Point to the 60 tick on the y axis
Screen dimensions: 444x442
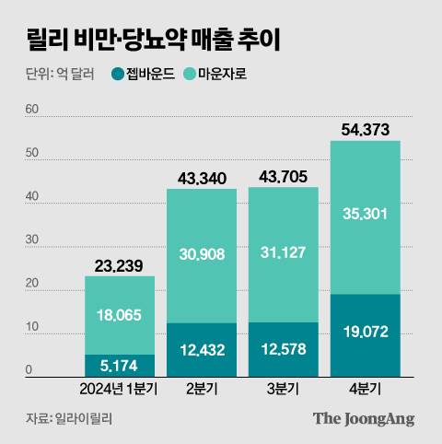point(32,110)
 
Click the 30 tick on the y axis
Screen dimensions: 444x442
point(32,240)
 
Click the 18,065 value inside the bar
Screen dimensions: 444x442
point(121,315)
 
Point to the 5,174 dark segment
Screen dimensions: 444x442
point(121,366)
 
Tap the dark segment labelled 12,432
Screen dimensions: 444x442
point(202,350)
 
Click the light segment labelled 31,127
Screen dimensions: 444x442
point(284,254)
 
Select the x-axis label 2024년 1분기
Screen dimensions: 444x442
point(120,389)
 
